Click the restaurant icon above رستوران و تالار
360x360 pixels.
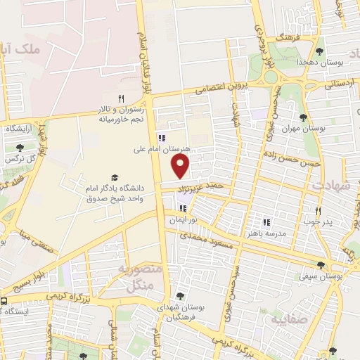pos(121,98)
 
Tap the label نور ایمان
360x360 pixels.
pos(182,220)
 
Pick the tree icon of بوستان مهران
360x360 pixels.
pos(303,117)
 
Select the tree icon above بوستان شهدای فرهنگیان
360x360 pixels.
pos(180,296)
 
